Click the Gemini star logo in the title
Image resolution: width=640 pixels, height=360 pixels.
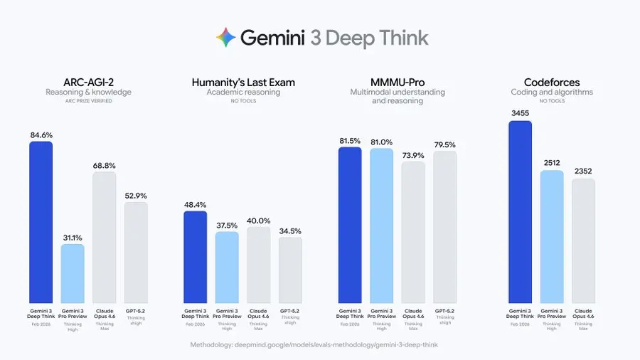226,37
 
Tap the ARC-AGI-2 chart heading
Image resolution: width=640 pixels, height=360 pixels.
88,83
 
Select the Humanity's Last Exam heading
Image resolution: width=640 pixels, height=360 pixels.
243,83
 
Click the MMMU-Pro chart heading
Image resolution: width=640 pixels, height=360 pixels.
398,83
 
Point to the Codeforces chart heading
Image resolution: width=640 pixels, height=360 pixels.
551,83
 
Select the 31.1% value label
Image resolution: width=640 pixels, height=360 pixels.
73,238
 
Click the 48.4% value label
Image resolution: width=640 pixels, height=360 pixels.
196,204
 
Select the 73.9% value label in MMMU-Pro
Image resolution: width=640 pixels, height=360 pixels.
413,155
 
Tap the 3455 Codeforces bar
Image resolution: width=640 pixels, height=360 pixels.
521,210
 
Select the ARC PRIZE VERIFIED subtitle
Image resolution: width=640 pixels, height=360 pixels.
88,101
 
